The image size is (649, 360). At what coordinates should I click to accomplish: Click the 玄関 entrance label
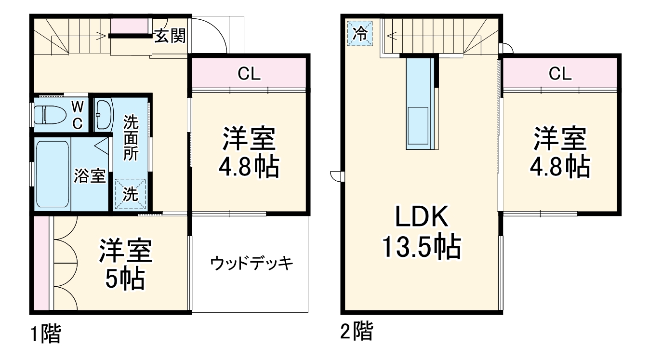coord(170,36)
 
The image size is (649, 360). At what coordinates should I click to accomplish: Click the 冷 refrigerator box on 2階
coord(360,33)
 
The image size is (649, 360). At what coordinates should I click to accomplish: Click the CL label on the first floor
coord(249,74)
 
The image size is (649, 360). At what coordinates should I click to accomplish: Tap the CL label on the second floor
coord(560,74)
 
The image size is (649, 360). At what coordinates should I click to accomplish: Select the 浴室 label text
coord(90,176)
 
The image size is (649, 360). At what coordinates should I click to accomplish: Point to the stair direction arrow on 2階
coord(400,35)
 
